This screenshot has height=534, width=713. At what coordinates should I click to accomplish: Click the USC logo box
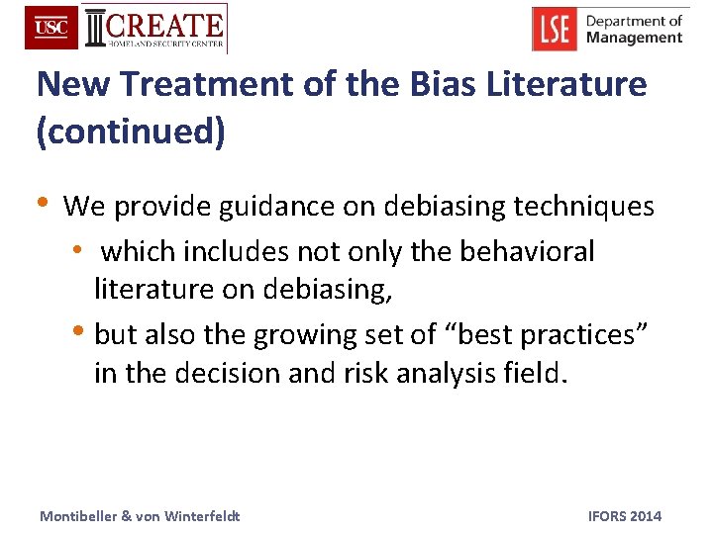(x=51, y=28)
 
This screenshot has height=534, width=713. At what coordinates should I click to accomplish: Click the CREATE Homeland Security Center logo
(x=154, y=29)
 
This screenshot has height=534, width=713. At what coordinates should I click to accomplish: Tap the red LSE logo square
(x=555, y=29)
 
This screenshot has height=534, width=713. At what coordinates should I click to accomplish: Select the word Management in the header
(x=634, y=38)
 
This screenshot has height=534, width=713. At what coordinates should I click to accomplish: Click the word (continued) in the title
(x=131, y=133)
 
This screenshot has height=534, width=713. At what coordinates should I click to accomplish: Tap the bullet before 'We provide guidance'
(x=43, y=203)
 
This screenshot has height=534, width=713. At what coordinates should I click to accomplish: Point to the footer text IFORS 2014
(x=624, y=516)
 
